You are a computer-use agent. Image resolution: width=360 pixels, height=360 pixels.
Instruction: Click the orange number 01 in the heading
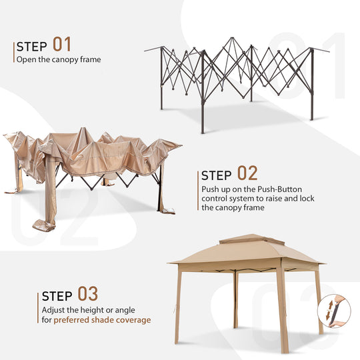point(62,44)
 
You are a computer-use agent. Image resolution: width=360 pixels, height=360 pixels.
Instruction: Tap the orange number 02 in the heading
point(247,173)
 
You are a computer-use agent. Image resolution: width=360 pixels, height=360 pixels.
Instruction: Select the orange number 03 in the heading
point(88,293)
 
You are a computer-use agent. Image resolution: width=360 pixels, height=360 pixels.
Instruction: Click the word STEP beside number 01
point(32,47)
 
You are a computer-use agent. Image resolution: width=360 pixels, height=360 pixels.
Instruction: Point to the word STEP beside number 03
point(57,296)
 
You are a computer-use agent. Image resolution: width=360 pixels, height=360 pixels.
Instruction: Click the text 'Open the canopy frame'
point(59,60)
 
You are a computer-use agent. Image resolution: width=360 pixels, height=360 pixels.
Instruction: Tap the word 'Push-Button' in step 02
point(279,189)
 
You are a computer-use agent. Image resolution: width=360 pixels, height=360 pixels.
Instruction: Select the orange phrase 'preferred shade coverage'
point(102,320)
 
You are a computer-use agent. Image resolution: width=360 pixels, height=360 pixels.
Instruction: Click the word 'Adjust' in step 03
point(53,310)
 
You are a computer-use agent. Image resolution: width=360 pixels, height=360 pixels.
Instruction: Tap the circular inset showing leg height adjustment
point(334,311)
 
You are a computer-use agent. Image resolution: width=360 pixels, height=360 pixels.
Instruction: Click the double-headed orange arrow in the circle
point(329,311)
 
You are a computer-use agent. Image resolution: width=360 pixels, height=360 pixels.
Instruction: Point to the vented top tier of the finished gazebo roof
point(251,239)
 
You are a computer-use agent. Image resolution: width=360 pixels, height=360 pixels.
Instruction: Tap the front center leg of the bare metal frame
point(203,92)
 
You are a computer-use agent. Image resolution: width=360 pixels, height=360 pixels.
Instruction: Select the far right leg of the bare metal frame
point(312,84)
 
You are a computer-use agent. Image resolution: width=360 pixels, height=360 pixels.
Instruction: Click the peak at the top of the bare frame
point(233,39)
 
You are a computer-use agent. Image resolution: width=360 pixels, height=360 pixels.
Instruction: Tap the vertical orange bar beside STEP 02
point(198,191)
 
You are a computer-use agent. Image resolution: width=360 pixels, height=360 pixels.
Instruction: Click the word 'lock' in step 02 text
point(307,199)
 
